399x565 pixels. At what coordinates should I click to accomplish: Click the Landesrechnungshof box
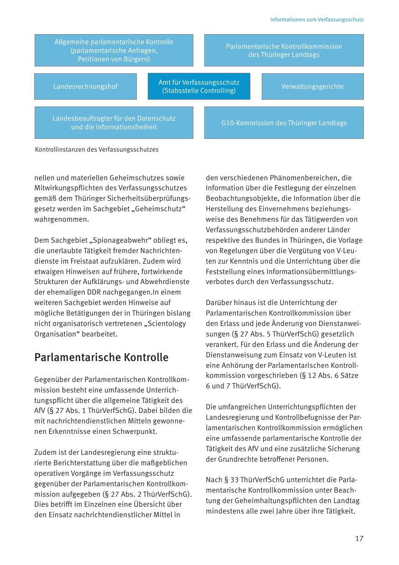(x=85, y=87)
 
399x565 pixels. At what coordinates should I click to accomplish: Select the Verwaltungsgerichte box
(x=312, y=87)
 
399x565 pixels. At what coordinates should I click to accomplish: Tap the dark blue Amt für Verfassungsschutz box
(x=199, y=87)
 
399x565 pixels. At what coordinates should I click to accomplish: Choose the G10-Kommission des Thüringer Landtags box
(x=284, y=123)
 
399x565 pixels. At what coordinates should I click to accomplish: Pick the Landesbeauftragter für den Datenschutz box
(x=114, y=123)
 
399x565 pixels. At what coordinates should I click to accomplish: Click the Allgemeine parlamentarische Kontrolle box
(x=114, y=50)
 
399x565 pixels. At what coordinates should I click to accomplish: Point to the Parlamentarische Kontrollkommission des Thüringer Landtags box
(x=284, y=50)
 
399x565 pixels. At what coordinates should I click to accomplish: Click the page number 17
(x=359, y=539)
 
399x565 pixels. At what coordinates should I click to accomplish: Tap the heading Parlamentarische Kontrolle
(x=101, y=357)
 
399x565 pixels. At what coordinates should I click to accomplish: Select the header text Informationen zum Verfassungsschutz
(x=316, y=20)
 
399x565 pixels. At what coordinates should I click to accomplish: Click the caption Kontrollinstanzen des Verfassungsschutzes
(x=97, y=149)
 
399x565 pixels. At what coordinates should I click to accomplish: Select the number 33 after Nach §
(x=233, y=480)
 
